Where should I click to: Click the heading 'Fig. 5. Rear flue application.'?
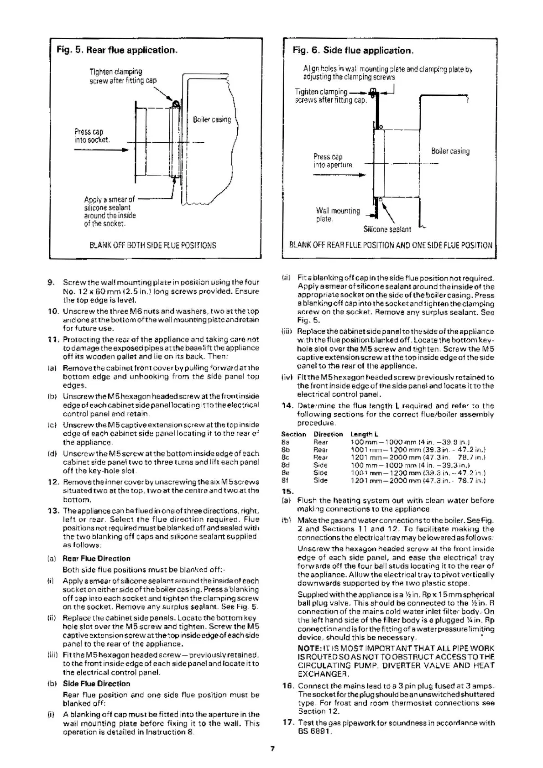coord(116,50)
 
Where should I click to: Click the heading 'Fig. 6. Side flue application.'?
coord(353,50)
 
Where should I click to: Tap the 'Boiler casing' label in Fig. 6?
coord(450,151)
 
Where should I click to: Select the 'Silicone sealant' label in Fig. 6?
coord(387,229)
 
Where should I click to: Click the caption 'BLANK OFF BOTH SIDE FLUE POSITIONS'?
coord(153,245)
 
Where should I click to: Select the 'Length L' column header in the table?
coord(364,434)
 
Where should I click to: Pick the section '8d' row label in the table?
coord(286,465)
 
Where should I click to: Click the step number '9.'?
coord(52,282)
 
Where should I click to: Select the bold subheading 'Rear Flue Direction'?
coord(96,558)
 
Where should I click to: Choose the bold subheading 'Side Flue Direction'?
coord(96,684)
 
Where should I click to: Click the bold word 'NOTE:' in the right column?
coord(310,649)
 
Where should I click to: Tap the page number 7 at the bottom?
coord(271,748)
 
